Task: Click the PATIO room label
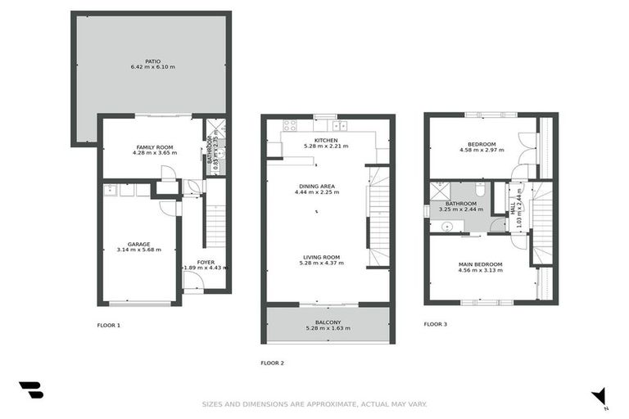[x=152, y=60]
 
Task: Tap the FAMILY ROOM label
[x=152, y=147]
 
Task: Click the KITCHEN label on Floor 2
[x=326, y=140]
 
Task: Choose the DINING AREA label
[x=319, y=187]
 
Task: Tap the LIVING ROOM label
[x=319, y=257]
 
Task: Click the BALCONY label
[x=327, y=322]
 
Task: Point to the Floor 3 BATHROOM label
[x=461, y=203]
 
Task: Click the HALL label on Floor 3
[x=513, y=209]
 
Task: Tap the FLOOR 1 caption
[x=109, y=325]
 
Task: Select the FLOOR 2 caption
[x=272, y=363]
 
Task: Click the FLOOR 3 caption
[x=436, y=324]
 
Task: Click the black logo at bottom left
[x=31, y=390]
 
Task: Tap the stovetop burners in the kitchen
[x=289, y=126]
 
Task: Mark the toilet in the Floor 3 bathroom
[x=482, y=191]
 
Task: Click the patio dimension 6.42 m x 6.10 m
[x=152, y=66]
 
